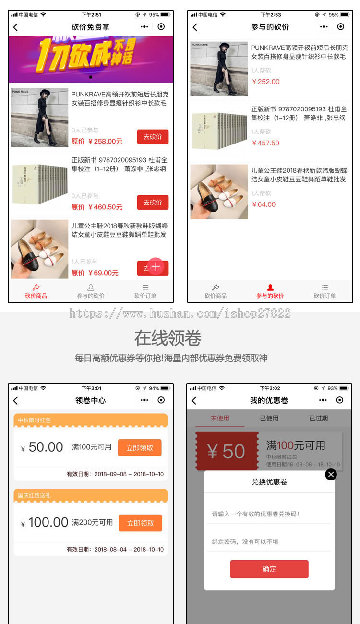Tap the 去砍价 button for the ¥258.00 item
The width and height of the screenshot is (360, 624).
(x=153, y=137)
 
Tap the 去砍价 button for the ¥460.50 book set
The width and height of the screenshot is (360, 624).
(x=153, y=203)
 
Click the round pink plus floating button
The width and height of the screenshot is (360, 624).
(x=156, y=266)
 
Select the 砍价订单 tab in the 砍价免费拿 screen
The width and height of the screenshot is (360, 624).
(x=145, y=291)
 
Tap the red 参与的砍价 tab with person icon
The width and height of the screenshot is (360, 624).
(x=270, y=291)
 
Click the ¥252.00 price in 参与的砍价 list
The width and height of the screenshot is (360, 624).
(x=265, y=82)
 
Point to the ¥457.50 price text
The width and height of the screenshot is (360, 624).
(x=265, y=143)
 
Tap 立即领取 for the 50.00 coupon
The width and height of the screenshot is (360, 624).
(x=140, y=448)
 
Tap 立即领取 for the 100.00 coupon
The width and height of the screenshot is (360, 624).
(x=140, y=523)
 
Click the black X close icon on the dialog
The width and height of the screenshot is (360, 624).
(x=331, y=474)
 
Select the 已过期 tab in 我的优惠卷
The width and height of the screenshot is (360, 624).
(x=318, y=418)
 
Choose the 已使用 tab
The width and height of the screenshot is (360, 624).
(x=269, y=418)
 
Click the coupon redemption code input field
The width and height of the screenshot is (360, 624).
(x=269, y=514)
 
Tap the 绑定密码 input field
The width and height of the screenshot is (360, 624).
(x=269, y=542)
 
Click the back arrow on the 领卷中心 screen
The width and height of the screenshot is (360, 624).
(x=15, y=400)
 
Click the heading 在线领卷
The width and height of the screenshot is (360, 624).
(x=168, y=338)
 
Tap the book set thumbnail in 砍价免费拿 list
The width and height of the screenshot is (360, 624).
(x=39, y=184)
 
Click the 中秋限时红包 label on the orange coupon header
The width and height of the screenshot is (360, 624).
(x=34, y=420)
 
